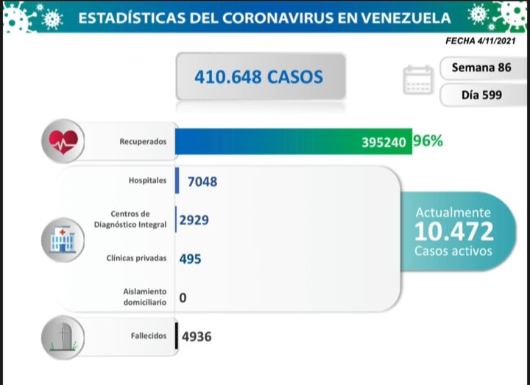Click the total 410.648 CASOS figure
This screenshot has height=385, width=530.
tap(258, 76)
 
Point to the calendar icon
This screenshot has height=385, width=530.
tap(419, 80)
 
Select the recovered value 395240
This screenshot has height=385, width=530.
tap(384, 143)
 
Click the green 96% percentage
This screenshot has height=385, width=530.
tap(428, 140)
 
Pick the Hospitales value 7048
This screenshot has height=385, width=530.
tap(202, 181)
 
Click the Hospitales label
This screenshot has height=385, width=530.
tap(147, 180)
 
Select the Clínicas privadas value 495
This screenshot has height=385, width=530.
tap(190, 259)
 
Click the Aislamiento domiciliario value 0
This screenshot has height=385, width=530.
tap(183, 297)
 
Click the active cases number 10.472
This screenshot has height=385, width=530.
tap(453, 231)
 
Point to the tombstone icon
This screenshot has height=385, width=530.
tap(63, 337)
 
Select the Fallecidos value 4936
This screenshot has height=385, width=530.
tap(197, 337)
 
